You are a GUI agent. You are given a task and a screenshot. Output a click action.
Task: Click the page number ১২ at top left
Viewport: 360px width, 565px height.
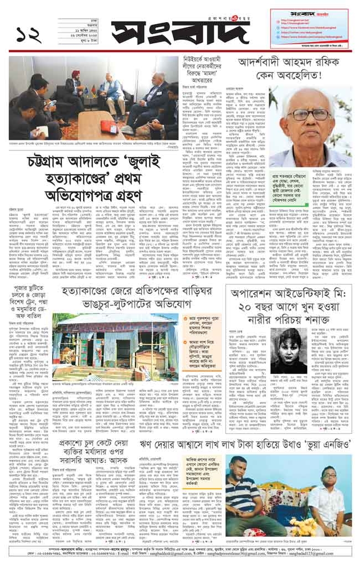pyautogui.click(x=27, y=34)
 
